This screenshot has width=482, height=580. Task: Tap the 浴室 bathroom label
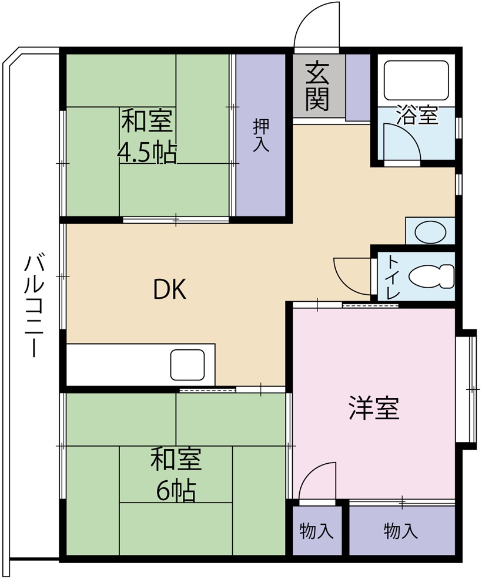(417, 114)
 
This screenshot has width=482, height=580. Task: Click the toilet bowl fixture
(433, 275)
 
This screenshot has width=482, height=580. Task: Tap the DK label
(170, 289)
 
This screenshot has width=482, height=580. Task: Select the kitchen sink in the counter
(188, 365)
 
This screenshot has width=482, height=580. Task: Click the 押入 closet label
(261, 136)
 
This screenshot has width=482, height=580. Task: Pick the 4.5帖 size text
(147, 153)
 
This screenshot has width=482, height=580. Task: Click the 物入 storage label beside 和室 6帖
(317, 531)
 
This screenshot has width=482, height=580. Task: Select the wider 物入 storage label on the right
(401, 531)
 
